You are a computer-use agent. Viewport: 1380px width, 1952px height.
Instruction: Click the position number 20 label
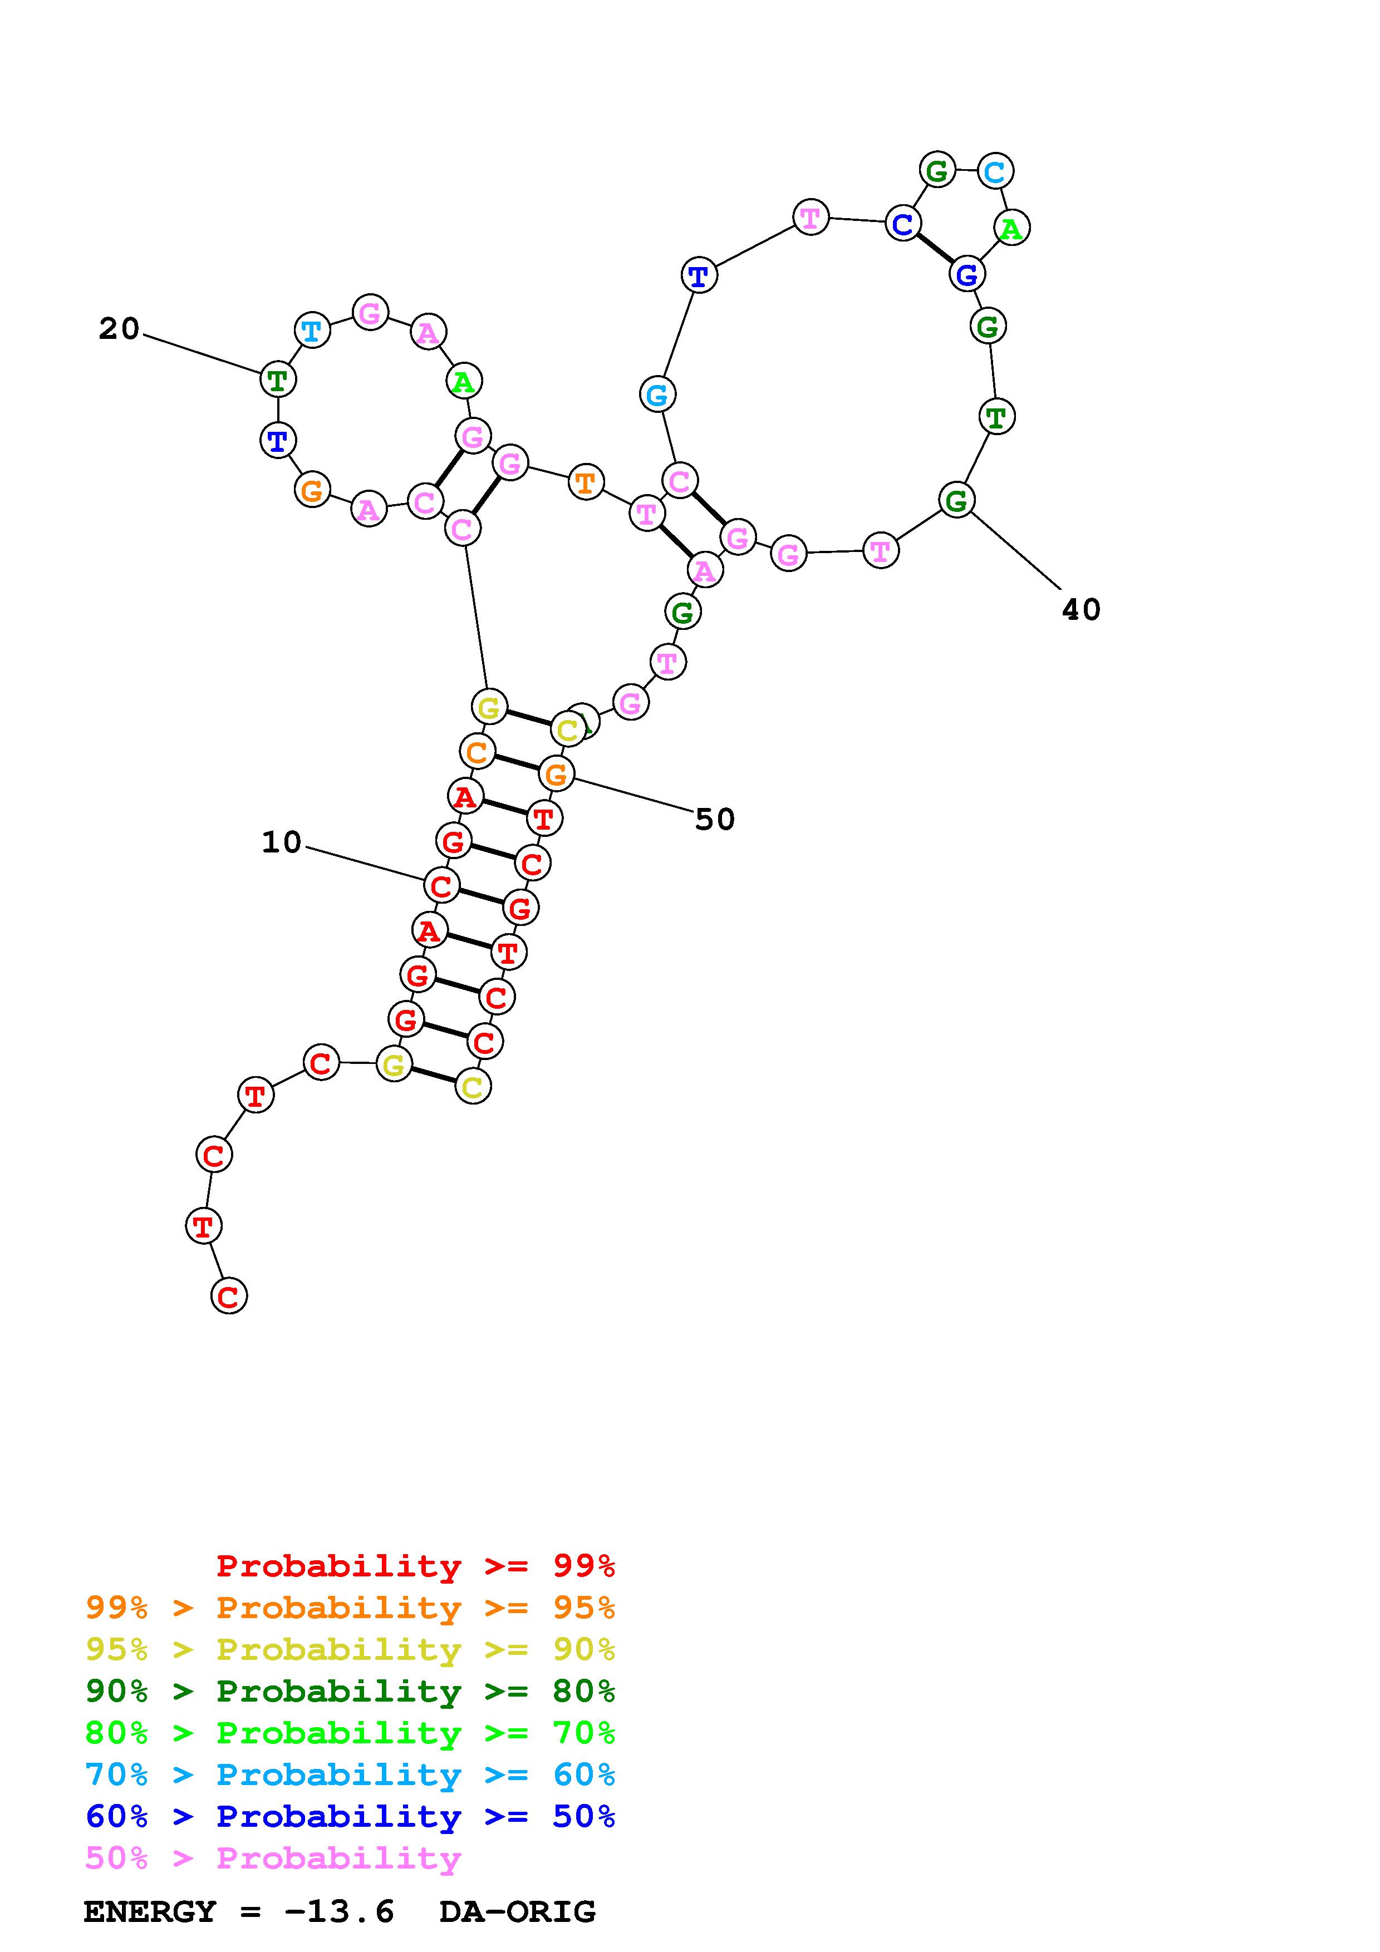(119, 329)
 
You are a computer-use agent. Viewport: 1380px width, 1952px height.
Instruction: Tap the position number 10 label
(282, 842)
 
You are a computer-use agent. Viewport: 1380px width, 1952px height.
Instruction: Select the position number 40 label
(1081, 609)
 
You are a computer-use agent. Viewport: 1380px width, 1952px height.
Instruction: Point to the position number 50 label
(714, 820)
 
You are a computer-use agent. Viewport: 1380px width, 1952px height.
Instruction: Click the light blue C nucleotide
(994, 172)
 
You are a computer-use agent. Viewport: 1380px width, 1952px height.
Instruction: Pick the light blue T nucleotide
(312, 330)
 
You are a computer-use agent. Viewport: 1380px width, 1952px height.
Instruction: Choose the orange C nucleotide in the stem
(477, 752)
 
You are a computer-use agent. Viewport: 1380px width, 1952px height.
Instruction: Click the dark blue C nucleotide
(902, 224)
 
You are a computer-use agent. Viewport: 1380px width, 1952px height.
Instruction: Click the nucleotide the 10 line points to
(440, 886)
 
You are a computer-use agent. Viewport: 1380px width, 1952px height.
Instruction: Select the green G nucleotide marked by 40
(956, 500)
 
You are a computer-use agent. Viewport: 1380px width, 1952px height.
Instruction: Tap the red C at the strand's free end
(228, 1297)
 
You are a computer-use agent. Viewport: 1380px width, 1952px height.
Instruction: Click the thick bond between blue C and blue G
(935, 249)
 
